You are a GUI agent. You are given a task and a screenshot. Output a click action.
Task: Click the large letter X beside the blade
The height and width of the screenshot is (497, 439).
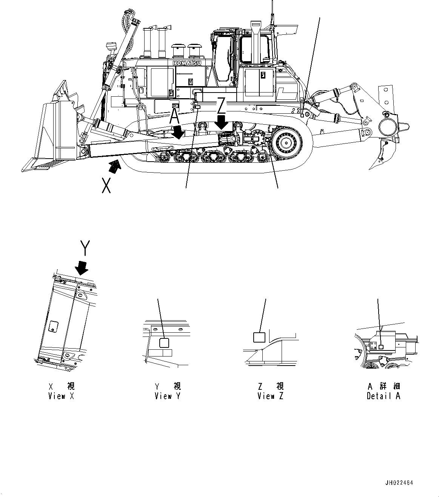tap(106, 185)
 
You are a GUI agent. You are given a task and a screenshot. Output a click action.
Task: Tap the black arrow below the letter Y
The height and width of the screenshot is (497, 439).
tap(81, 268)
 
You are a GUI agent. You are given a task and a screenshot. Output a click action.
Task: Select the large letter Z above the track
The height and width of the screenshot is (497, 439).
tap(221, 105)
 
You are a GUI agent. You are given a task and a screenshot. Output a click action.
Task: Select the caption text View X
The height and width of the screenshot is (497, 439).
tap(62, 396)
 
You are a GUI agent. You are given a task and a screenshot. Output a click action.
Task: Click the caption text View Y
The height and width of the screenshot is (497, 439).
tap(168, 396)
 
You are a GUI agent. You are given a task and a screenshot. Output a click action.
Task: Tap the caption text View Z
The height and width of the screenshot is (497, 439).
tap(271, 396)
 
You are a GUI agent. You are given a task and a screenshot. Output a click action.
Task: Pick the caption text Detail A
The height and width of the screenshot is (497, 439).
tap(383, 396)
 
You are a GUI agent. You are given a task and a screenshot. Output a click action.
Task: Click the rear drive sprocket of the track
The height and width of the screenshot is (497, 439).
tap(290, 144)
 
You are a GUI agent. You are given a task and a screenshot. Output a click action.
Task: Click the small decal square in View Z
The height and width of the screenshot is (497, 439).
tap(259, 337)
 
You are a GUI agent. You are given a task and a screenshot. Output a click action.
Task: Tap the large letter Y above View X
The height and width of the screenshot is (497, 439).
tap(85, 249)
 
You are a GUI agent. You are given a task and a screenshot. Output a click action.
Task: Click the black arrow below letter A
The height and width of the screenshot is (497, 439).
tap(177, 133)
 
